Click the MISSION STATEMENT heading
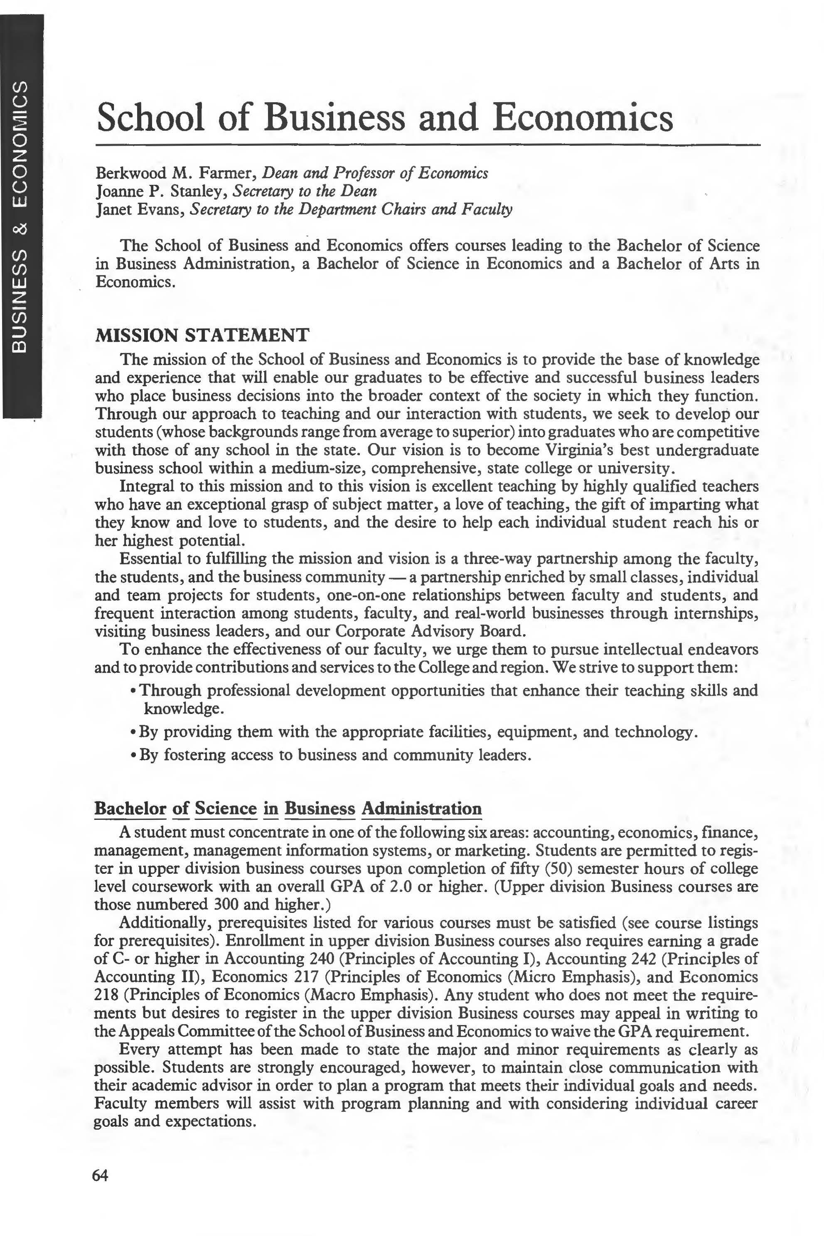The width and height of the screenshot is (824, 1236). click(202, 335)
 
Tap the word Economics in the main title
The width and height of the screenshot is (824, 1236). click(583, 118)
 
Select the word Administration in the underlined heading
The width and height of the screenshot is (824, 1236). click(421, 808)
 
